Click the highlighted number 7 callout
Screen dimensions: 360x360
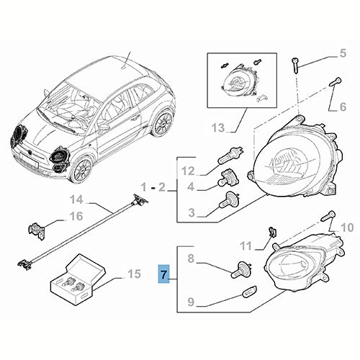163,274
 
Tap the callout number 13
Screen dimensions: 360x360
217,129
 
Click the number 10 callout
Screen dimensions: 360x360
346,228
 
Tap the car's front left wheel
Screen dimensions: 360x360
81,168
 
